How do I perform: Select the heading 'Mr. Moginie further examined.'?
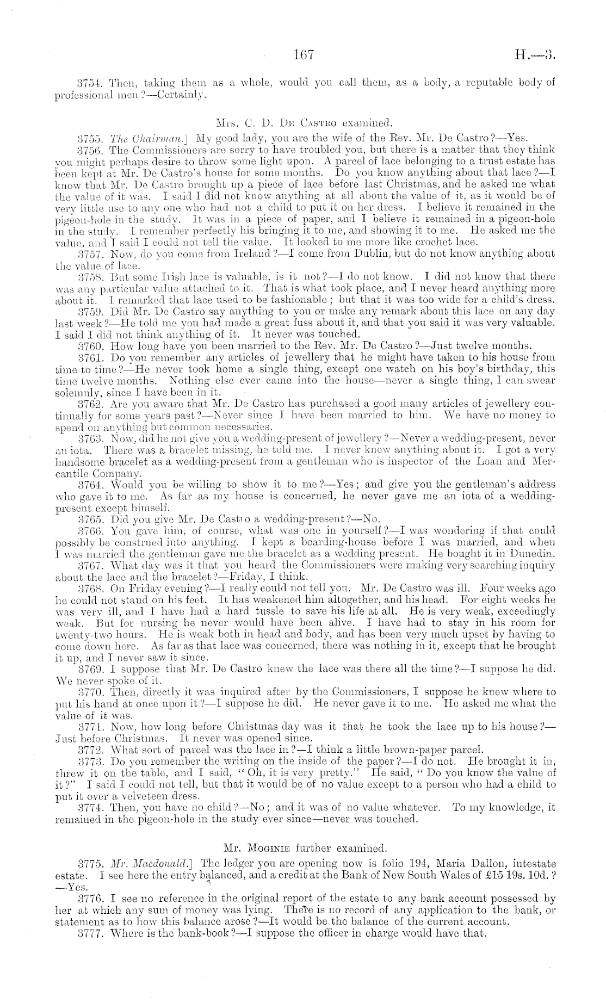304,847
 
